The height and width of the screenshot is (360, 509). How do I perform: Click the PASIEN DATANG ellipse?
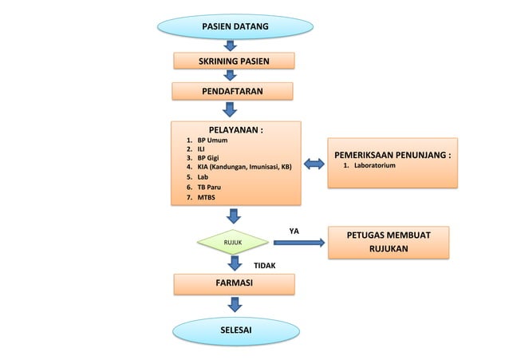(x=234, y=27)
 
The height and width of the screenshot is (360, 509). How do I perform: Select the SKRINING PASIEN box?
(x=234, y=61)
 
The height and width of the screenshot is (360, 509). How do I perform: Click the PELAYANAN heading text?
(x=236, y=129)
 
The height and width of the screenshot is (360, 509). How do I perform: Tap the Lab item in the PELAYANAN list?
(x=203, y=177)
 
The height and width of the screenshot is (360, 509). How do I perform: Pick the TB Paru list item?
(x=209, y=187)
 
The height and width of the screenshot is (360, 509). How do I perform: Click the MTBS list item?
(x=207, y=197)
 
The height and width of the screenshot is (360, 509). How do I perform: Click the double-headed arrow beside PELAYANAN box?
(x=314, y=164)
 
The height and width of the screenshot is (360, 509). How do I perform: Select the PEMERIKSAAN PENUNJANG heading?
(x=393, y=154)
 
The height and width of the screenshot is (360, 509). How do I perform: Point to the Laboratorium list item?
(x=374, y=166)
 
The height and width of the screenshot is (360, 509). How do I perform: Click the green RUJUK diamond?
(x=234, y=242)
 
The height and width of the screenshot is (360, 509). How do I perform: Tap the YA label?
(x=293, y=231)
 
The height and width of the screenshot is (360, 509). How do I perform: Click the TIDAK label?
(x=265, y=264)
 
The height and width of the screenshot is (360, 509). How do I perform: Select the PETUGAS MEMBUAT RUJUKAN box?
(x=389, y=243)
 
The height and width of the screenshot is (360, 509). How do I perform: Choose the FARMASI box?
(x=234, y=283)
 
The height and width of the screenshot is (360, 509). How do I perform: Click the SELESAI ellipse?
(x=234, y=329)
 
